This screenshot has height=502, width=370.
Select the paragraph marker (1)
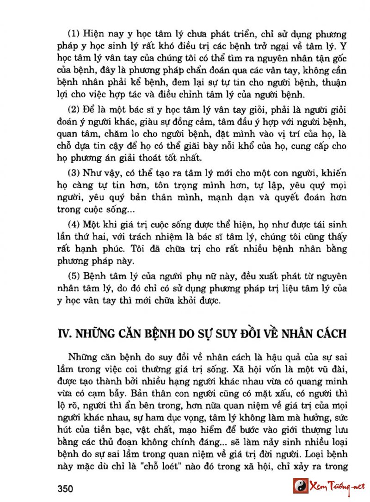pyautogui.click(x=74, y=34)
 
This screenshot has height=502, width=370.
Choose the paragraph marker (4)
pyautogui.click(x=74, y=225)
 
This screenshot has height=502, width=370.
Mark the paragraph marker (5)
pyautogui.click(x=74, y=276)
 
